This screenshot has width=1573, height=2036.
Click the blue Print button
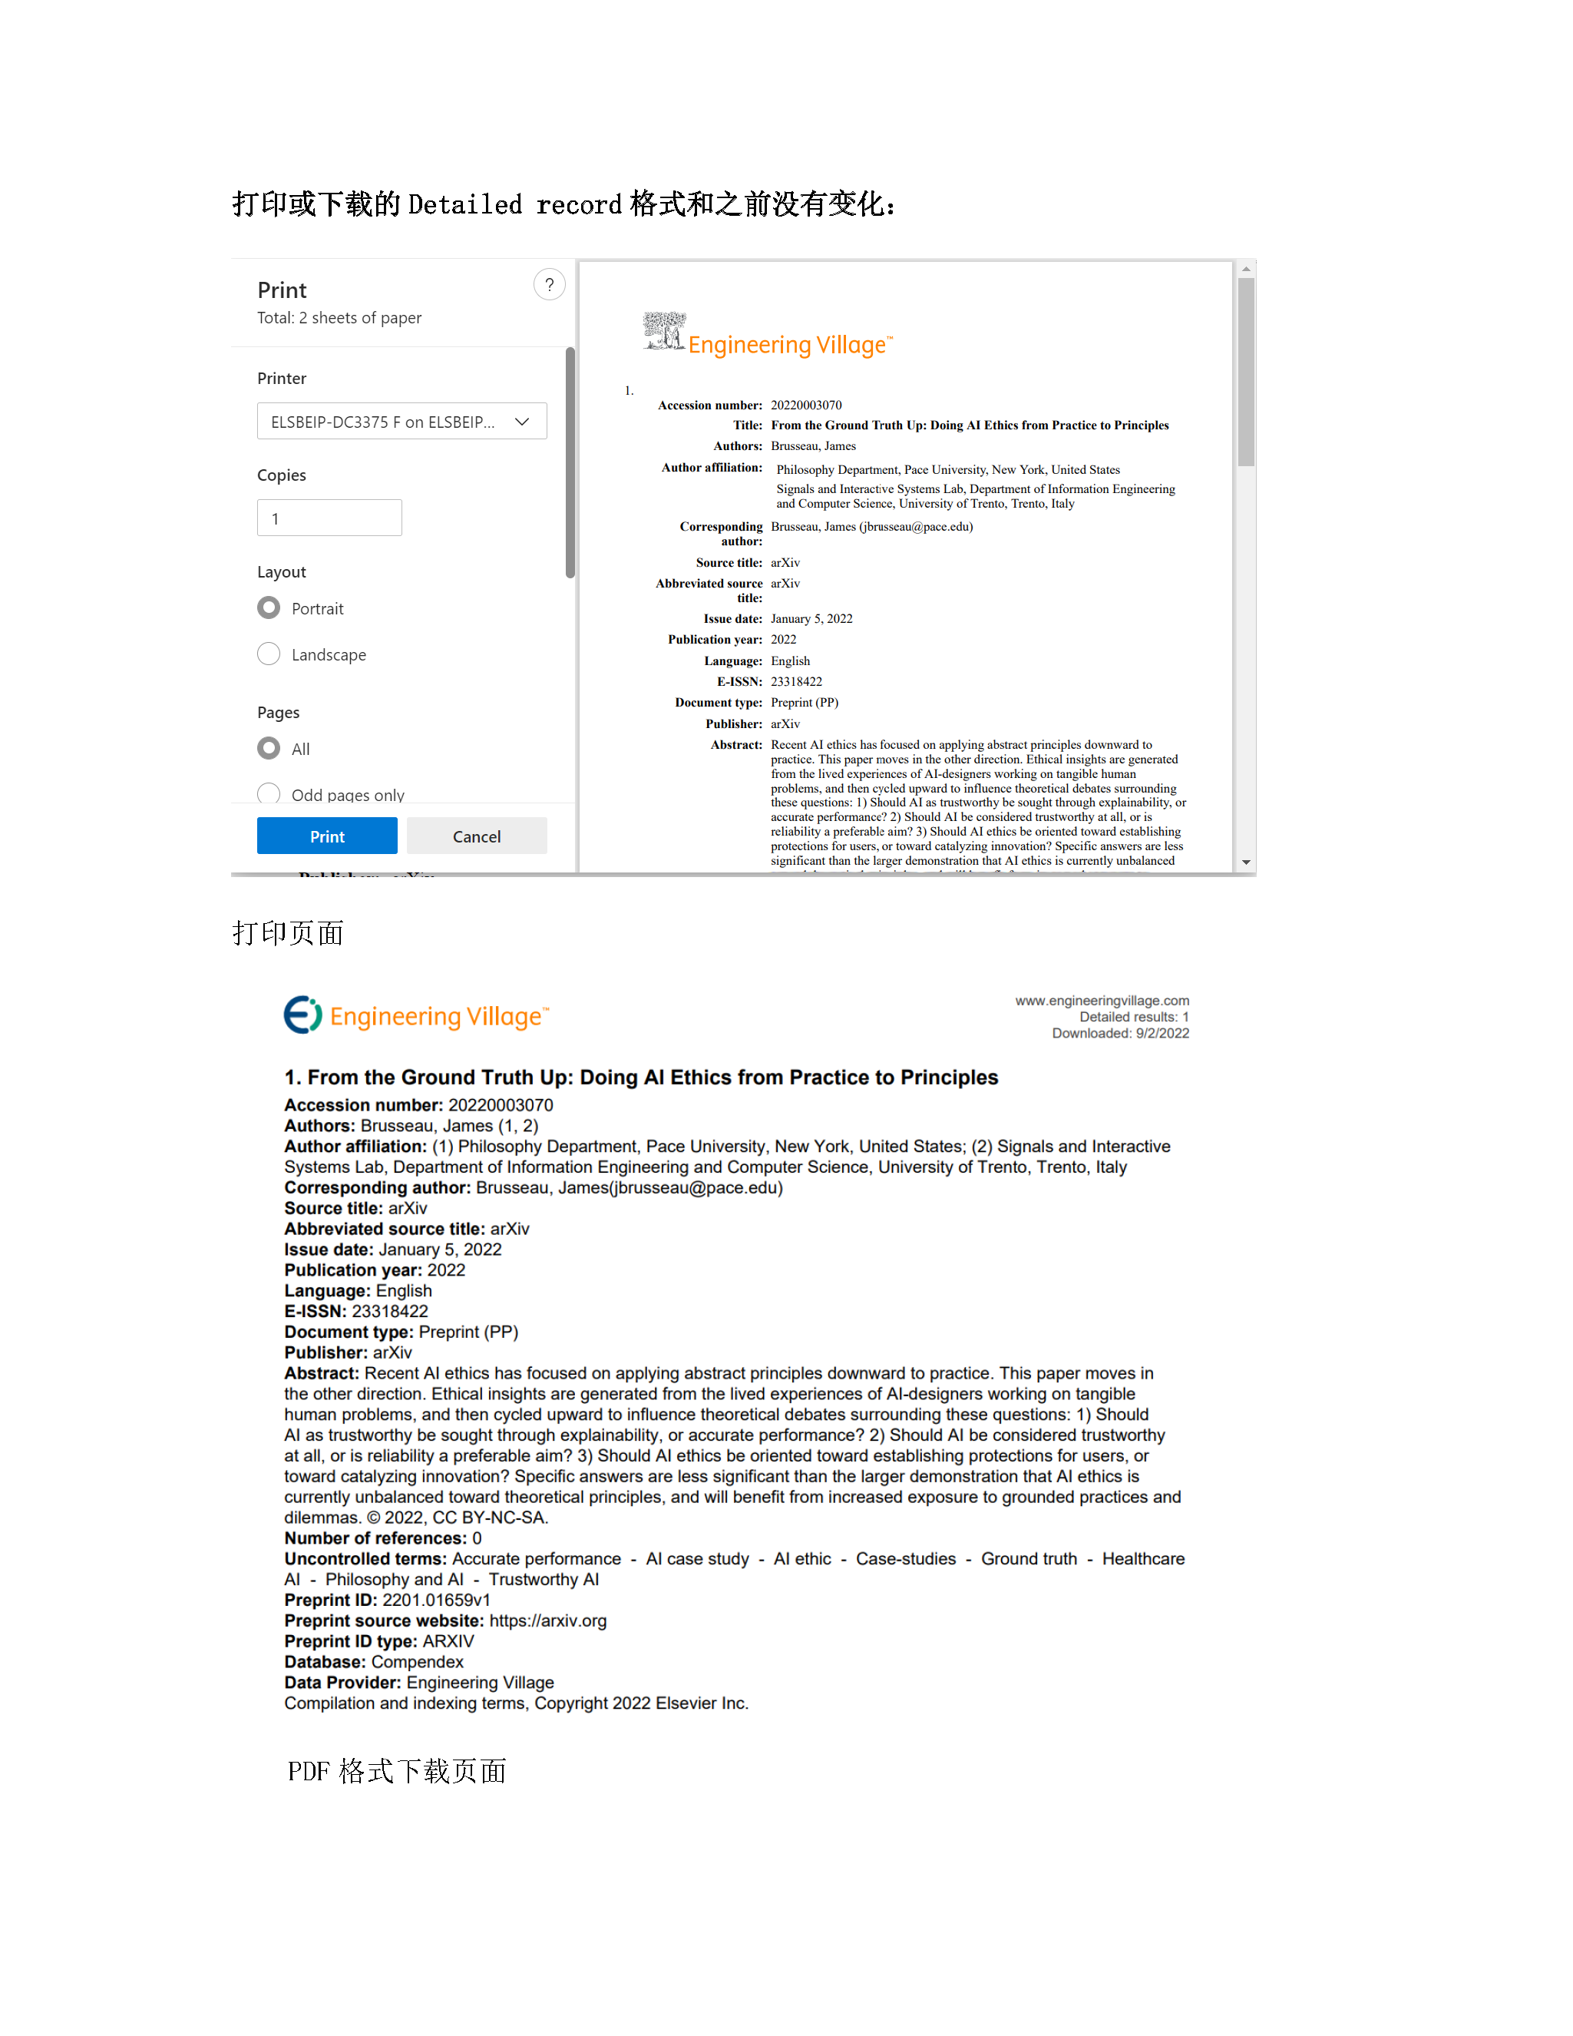tap(327, 836)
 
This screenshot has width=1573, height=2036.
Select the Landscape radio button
tap(269, 654)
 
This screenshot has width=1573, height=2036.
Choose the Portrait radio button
tap(269, 607)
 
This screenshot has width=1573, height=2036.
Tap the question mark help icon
tap(549, 285)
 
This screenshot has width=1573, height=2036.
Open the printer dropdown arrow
tap(522, 422)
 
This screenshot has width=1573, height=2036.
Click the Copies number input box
tap(329, 518)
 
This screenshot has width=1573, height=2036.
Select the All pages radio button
tap(269, 749)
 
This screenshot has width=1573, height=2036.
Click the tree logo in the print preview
tap(664, 331)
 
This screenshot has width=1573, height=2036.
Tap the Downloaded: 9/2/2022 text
tap(1120, 1033)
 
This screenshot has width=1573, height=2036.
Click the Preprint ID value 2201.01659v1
tap(436, 1601)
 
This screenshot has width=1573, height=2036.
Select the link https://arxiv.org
tap(548, 1621)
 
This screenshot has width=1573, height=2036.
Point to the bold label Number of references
tap(375, 1538)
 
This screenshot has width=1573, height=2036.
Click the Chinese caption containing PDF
tap(397, 1771)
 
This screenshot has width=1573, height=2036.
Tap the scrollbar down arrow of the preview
tap(1246, 862)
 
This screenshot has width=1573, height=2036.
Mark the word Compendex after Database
tap(417, 1662)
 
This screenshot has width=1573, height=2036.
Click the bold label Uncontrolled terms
tap(365, 1559)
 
